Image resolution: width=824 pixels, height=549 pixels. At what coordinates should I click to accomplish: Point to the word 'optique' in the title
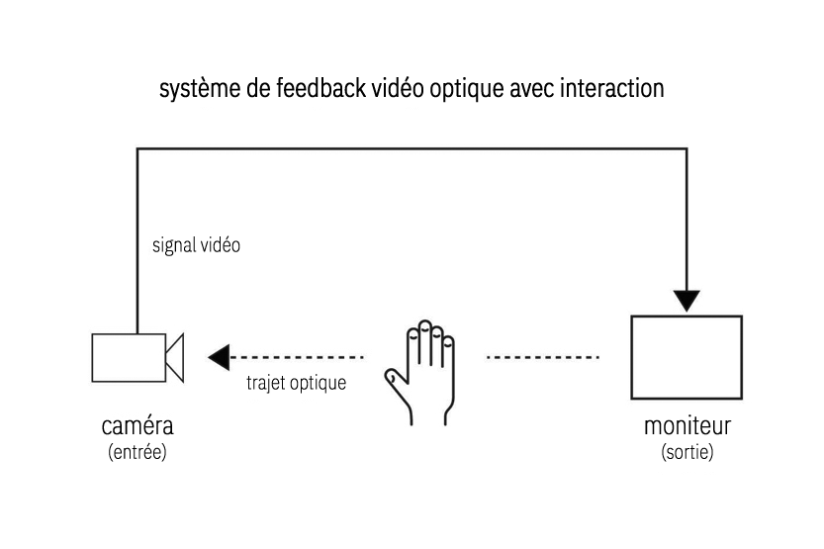click(471, 90)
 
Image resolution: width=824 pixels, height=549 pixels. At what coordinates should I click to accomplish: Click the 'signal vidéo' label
click(196, 245)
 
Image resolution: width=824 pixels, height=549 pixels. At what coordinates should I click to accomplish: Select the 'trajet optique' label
click(296, 383)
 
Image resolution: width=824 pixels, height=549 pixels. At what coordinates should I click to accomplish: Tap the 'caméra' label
click(137, 427)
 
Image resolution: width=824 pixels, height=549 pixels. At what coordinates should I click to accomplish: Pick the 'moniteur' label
click(687, 427)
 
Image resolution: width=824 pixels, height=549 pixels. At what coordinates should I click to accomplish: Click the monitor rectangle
click(687, 357)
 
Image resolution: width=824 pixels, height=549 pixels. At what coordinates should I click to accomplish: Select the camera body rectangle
click(128, 357)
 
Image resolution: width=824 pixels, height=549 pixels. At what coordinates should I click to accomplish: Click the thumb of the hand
click(396, 378)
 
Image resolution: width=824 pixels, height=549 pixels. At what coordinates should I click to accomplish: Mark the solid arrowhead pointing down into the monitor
click(687, 300)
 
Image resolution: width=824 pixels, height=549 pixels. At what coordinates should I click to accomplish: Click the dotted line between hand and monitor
click(543, 356)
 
